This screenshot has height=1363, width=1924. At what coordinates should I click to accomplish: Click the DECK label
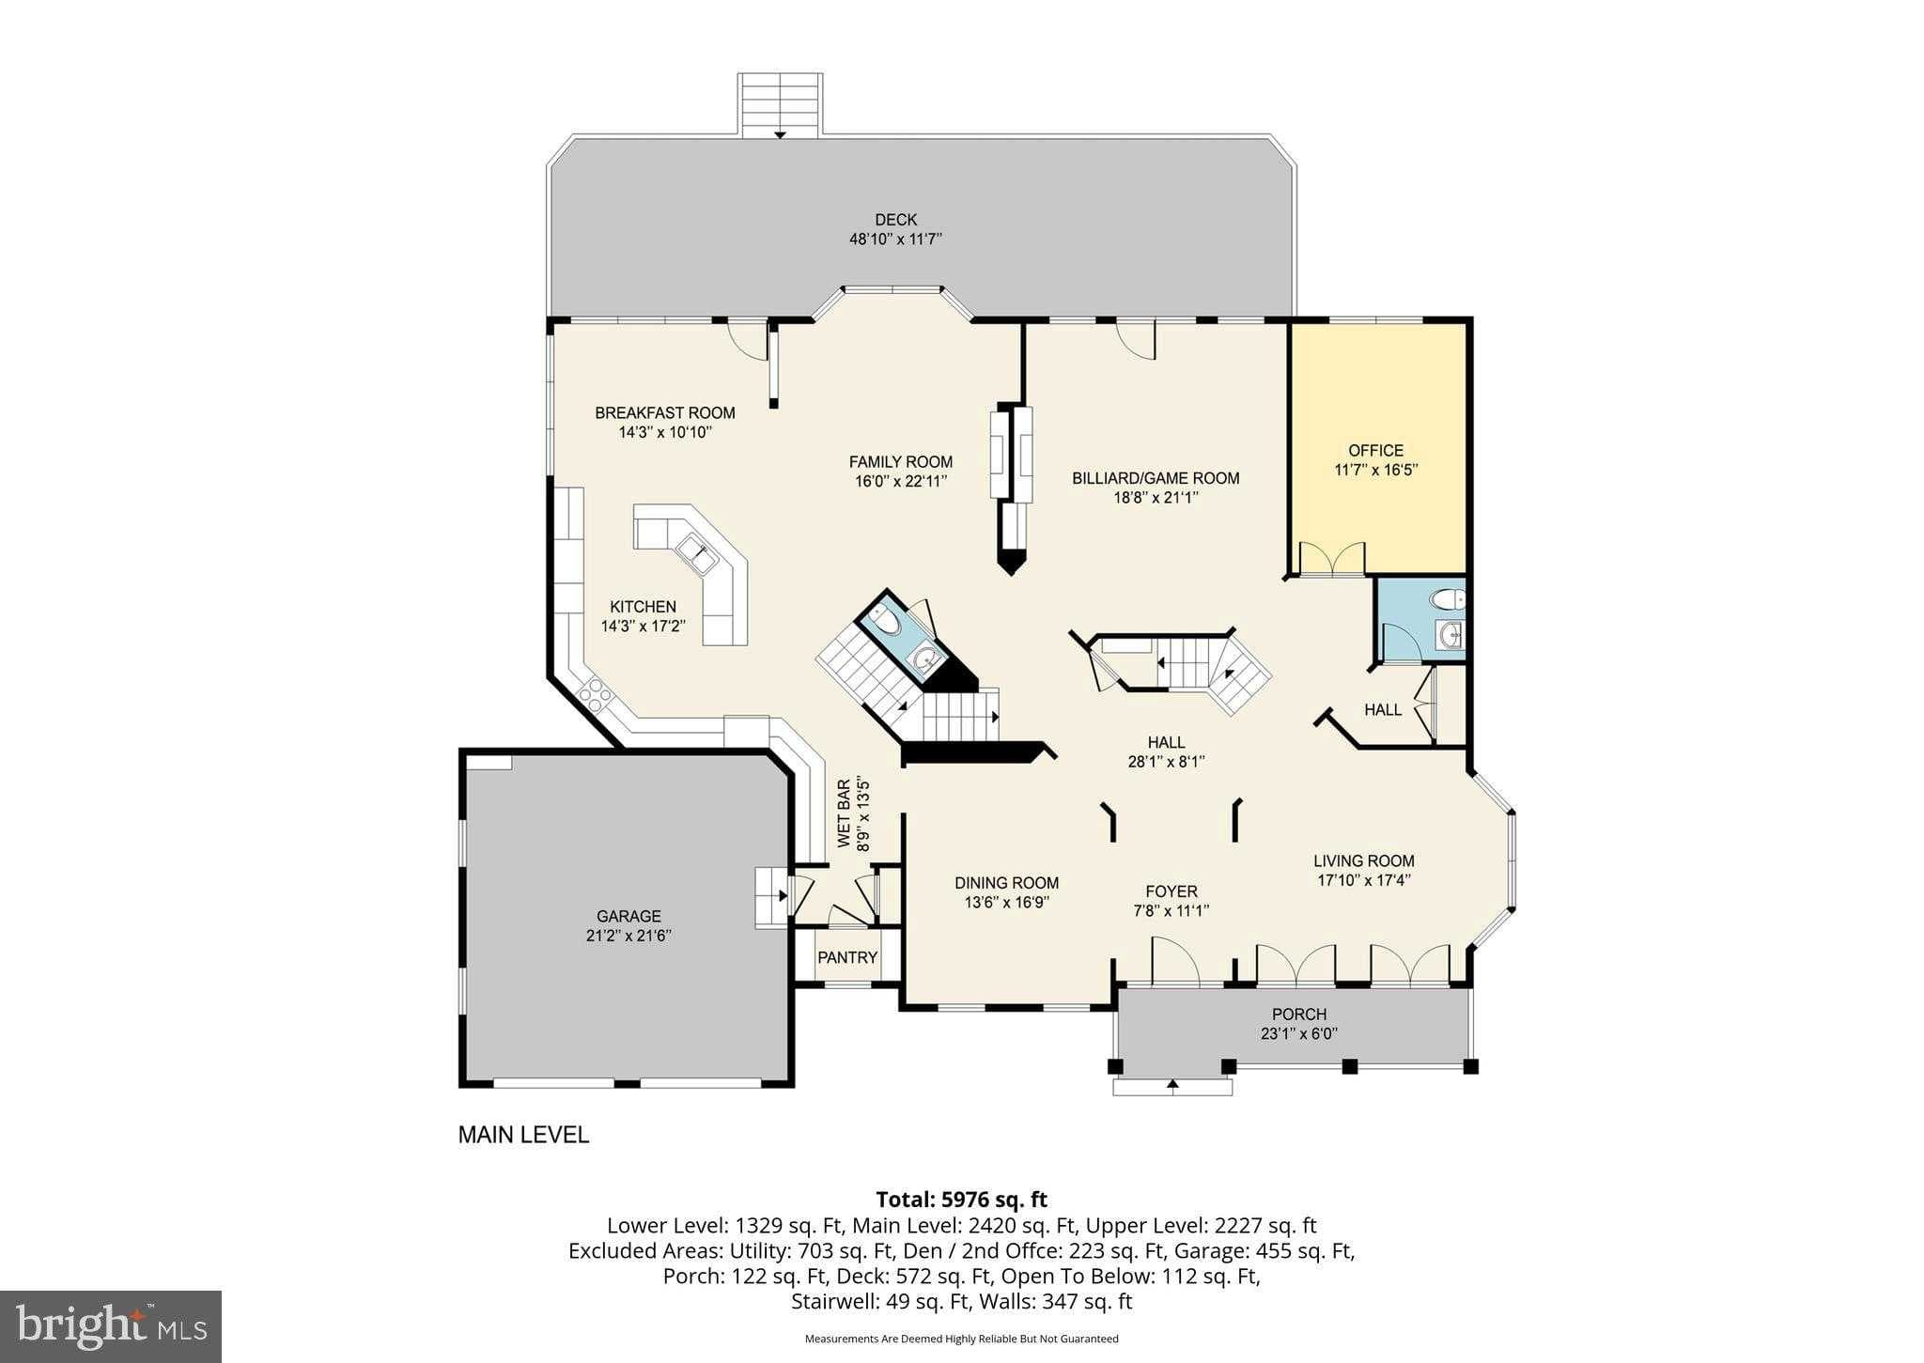(895, 220)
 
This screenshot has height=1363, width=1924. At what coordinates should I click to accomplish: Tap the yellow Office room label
(1375, 450)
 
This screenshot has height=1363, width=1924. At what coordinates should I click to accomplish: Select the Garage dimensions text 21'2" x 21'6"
(628, 936)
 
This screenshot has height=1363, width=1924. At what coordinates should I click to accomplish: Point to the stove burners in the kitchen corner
(594, 695)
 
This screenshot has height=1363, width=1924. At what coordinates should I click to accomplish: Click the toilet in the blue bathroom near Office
(1448, 599)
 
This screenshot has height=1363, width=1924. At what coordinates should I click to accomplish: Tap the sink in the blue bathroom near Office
(1451, 636)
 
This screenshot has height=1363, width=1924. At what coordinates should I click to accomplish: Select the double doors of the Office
(1331, 560)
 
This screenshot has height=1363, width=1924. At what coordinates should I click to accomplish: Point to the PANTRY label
(846, 957)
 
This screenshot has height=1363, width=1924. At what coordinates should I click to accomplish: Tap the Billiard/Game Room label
(1156, 478)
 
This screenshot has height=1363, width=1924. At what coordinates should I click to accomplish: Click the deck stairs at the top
(780, 105)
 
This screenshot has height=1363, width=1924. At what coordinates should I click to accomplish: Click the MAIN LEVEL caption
(523, 1135)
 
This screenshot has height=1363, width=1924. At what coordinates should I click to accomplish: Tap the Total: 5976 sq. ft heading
(961, 1200)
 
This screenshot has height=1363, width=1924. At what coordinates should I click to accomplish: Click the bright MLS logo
(111, 1325)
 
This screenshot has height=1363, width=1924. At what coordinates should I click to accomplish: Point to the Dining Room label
(1006, 883)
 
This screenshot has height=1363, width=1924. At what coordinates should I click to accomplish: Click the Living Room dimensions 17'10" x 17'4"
(1363, 880)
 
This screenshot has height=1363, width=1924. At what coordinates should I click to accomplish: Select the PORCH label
(1298, 1014)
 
